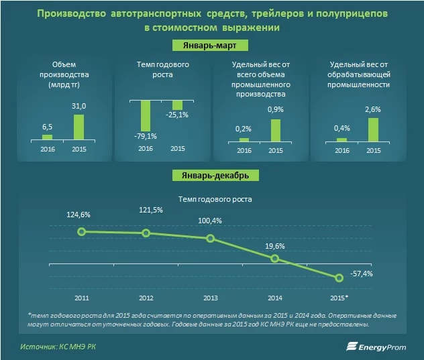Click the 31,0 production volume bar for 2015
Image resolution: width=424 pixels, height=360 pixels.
click(x=78, y=127)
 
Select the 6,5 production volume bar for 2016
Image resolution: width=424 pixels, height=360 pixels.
click(x=47, y=137)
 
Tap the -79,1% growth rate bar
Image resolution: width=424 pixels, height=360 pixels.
click(x=145, y=115)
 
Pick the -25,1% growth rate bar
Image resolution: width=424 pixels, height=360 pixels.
click(x=177, y=105)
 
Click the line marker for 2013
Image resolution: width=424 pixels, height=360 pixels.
click(x=210, y=239)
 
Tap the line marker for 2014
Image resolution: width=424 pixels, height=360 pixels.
click(x=274, y=259)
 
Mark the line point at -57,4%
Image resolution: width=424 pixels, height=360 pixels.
click(x=339, y=278)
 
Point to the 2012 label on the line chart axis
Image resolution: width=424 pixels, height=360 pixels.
click(x=146, y=296)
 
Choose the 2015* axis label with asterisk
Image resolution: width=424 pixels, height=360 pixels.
click(x=339, y=296)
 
